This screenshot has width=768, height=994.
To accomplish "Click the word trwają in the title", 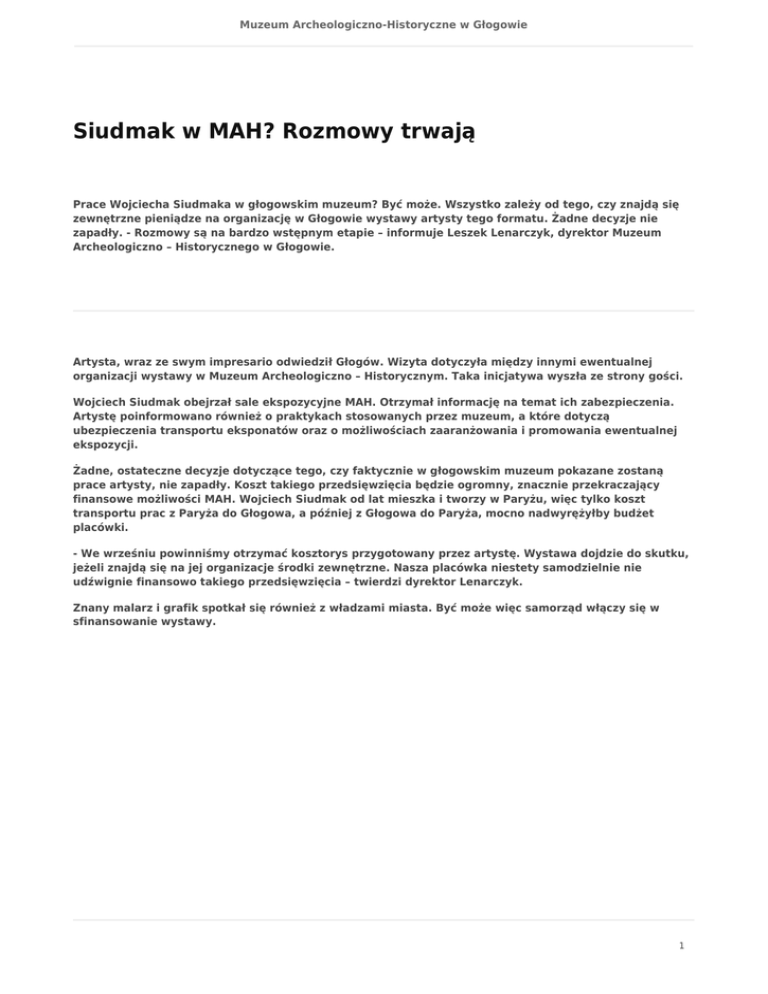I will click(x=428, y=132).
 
